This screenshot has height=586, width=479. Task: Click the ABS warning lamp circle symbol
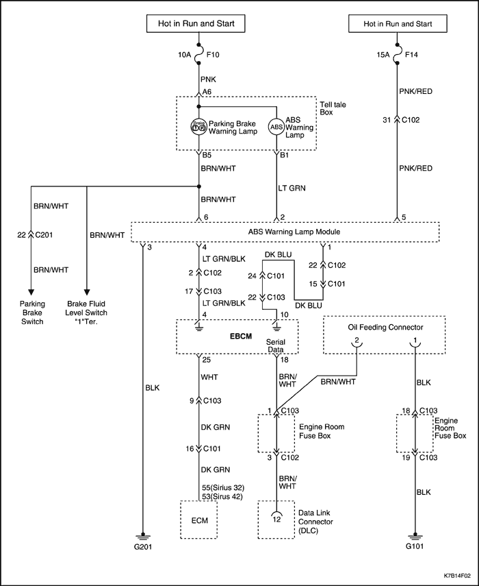click(276, 127)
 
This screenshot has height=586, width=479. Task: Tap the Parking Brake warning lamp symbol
click(198, 127)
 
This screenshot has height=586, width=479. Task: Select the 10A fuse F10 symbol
click(198, 55)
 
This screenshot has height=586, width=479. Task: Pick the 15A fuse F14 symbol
click(397, 55)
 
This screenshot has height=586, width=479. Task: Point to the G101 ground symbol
click(415, 536)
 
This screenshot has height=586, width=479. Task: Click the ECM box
click(199, 520)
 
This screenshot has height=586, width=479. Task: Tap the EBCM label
click(241, 337)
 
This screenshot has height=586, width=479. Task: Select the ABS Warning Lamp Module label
click(294, 232)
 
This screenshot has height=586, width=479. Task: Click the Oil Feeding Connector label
click(385, 328)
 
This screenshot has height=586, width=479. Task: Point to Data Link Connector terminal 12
click(276, 515)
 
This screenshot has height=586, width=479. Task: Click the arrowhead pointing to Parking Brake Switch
click(31, 292)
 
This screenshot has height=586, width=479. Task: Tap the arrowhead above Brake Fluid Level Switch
click(86, 292)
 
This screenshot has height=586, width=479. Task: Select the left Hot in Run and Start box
click(196, 23)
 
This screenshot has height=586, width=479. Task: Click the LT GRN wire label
click(292, 188)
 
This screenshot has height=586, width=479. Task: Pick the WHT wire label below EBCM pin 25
click(209, 377)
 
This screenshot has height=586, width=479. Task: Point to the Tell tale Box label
click(333, 108)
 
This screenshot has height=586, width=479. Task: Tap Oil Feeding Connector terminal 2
click(357, 342)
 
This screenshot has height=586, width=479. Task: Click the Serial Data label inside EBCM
click(276, 345)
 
